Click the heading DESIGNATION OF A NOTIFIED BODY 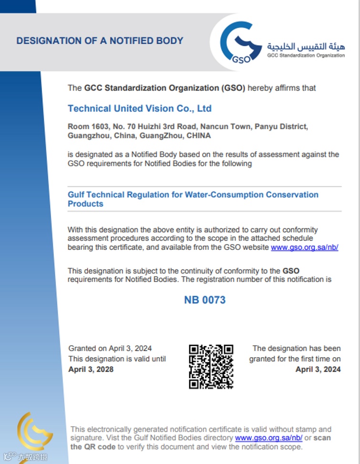[100, 41]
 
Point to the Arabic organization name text [306, 46]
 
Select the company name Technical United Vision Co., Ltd [139, 109]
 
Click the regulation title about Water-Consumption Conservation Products [193, 199]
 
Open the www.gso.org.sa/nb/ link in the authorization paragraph [304, 247]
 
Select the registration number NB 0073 [205, 300]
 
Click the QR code [211, 366]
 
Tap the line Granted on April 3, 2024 [110, 349]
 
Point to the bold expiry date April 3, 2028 [91, 369]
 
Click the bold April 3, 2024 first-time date [318, 369]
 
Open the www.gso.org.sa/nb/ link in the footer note [268, 438]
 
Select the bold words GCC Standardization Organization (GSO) [165, 88]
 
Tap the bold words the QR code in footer [93, 447]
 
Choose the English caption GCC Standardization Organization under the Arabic [306, 55]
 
